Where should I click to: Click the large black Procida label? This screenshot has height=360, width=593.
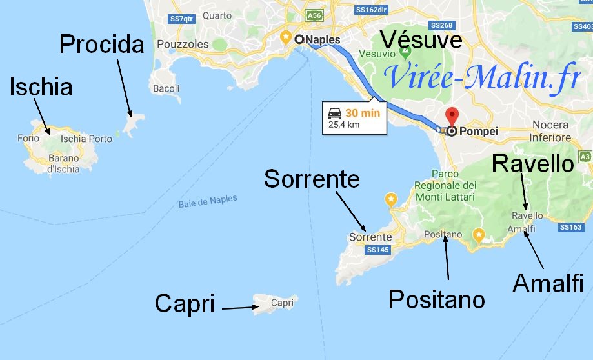pyautogui.click(x=102, y=45)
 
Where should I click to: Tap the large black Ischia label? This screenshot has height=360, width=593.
pyautogui.click(x=41, y=86)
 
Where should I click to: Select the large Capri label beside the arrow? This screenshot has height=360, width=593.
pyautogui.click(x=185, y=303)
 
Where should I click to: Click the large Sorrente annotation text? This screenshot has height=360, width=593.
pyautogui.click(x=312, y=179)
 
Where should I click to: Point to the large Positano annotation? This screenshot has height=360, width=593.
pyautogui.click(x=436, y=299)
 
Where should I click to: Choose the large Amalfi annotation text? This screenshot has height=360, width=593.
pyautogui.click(x=548, y=283)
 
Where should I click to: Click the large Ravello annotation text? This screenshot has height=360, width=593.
pyautogui.click(x=532, y=164)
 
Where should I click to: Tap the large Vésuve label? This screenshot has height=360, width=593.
pyautogui.click(x=421, y=40)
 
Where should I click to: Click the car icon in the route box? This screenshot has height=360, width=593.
pyautogui.click(x=335, y=113)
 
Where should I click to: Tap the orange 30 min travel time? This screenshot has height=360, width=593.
pyautogui.click(x=363, y=114)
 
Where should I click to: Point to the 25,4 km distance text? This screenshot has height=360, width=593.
pyautogui.click(x=344, y=125)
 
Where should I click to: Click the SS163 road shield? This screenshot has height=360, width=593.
pyautogui.click(x=571, y=227)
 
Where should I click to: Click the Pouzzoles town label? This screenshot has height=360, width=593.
pyautogui.click(x=188, y=45)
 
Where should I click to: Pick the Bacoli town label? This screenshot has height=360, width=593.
pyautogui.click(x=166, y=88)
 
